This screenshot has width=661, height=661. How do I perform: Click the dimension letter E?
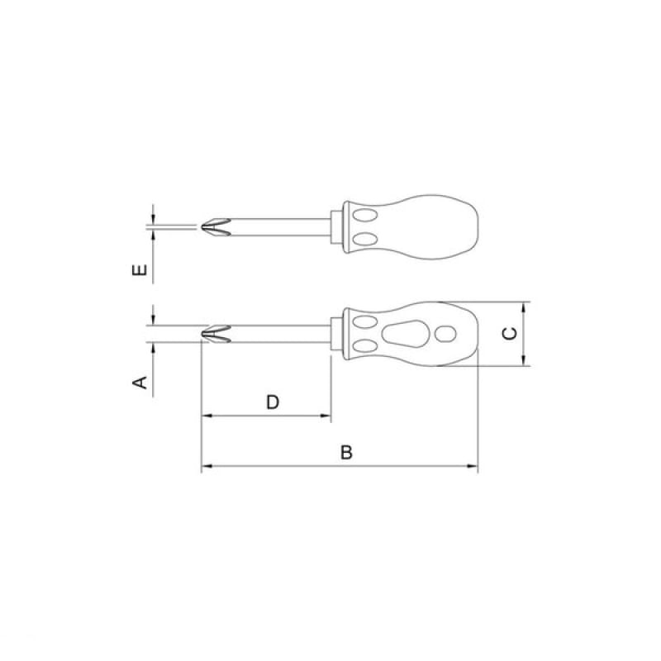(140, 269)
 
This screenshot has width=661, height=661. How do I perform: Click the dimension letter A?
(140, 383)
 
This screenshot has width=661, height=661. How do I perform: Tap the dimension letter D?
(273, 402)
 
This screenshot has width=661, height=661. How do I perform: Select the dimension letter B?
(346, 452)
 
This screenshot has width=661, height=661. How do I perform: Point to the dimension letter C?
(510, 334)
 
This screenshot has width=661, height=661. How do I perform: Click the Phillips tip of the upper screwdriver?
(216, 226)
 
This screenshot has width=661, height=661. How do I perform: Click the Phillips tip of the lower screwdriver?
(216, 334)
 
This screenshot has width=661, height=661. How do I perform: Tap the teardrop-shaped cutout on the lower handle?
(405, 335)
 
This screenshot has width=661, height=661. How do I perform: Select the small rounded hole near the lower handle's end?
(445, 335)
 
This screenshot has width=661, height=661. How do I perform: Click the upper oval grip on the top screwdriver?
(365, 216)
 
